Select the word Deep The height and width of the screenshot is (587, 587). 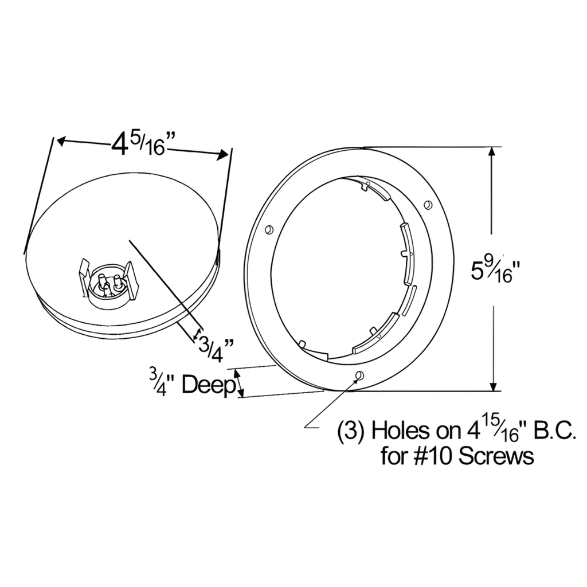click(x=208, y=385)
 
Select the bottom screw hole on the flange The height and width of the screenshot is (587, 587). click(x=359, y=375)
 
